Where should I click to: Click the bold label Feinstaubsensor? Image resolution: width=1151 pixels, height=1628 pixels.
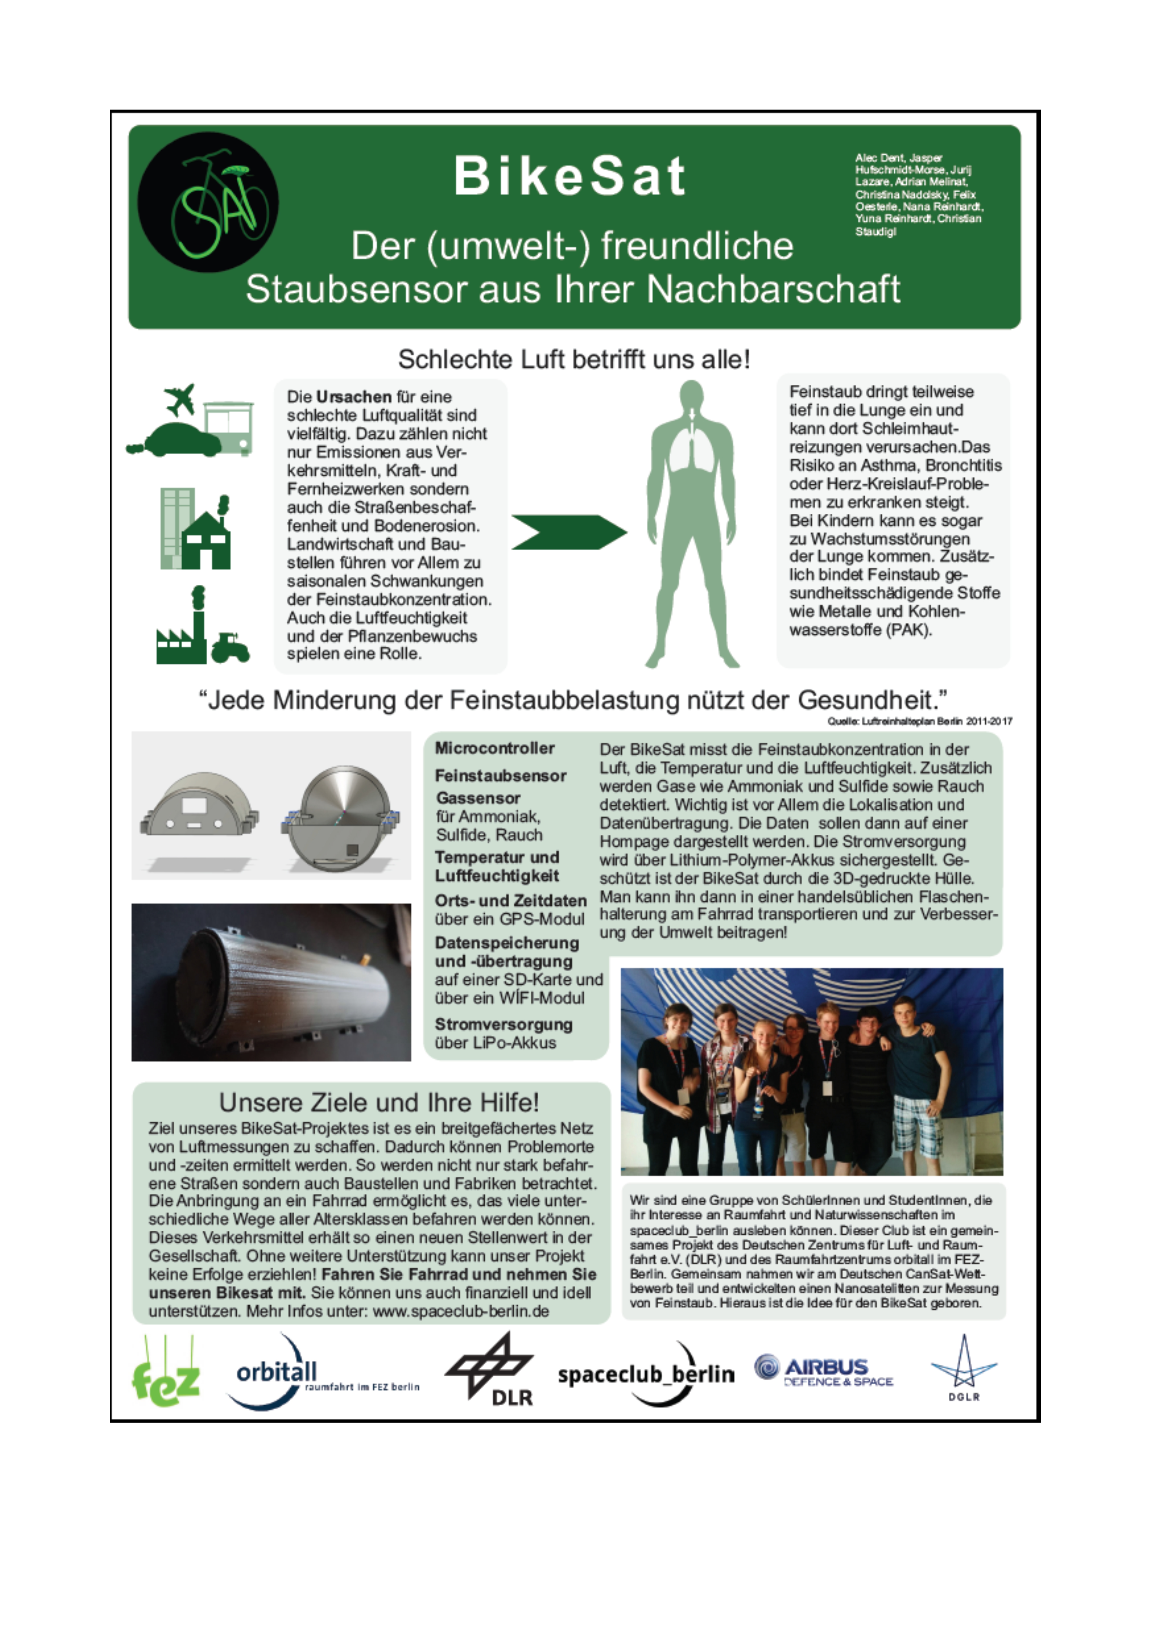tap(500, 776)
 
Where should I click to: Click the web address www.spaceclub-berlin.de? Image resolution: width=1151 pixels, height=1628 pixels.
tap(461, 1311)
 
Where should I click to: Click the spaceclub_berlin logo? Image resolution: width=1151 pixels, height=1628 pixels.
tap(646, 1374)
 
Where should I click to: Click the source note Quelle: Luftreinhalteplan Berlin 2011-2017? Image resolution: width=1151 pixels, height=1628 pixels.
tap(919, 721)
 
